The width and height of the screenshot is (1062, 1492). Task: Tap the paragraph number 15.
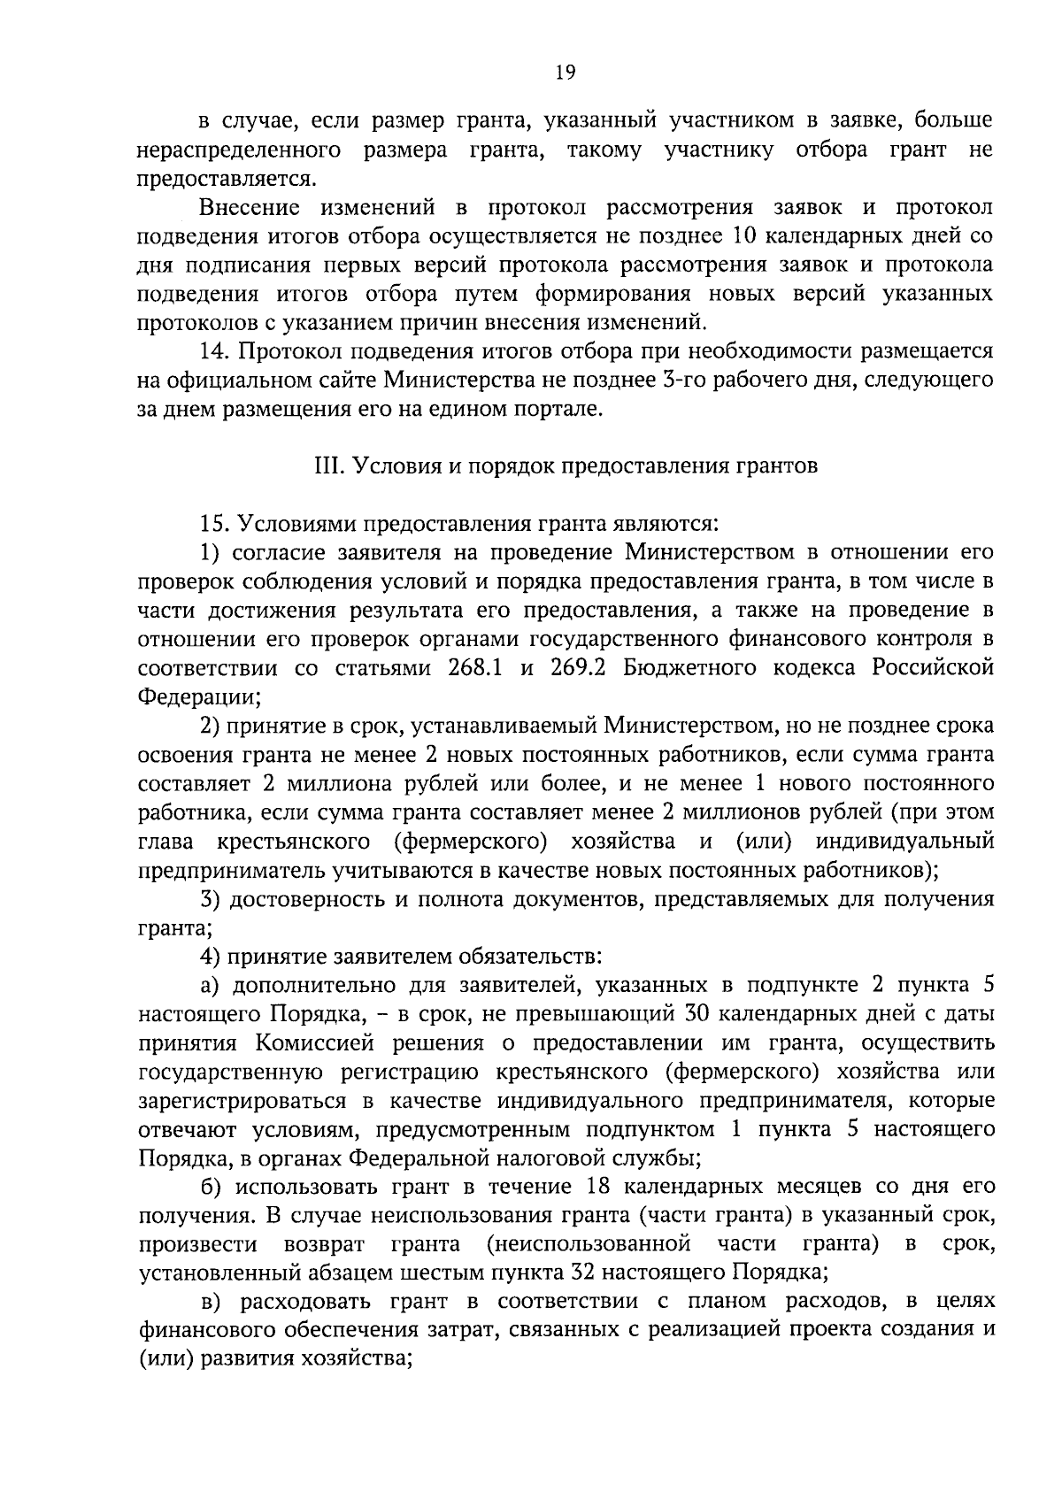[215, 525]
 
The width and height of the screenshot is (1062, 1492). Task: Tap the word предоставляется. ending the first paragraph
[226, 179]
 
